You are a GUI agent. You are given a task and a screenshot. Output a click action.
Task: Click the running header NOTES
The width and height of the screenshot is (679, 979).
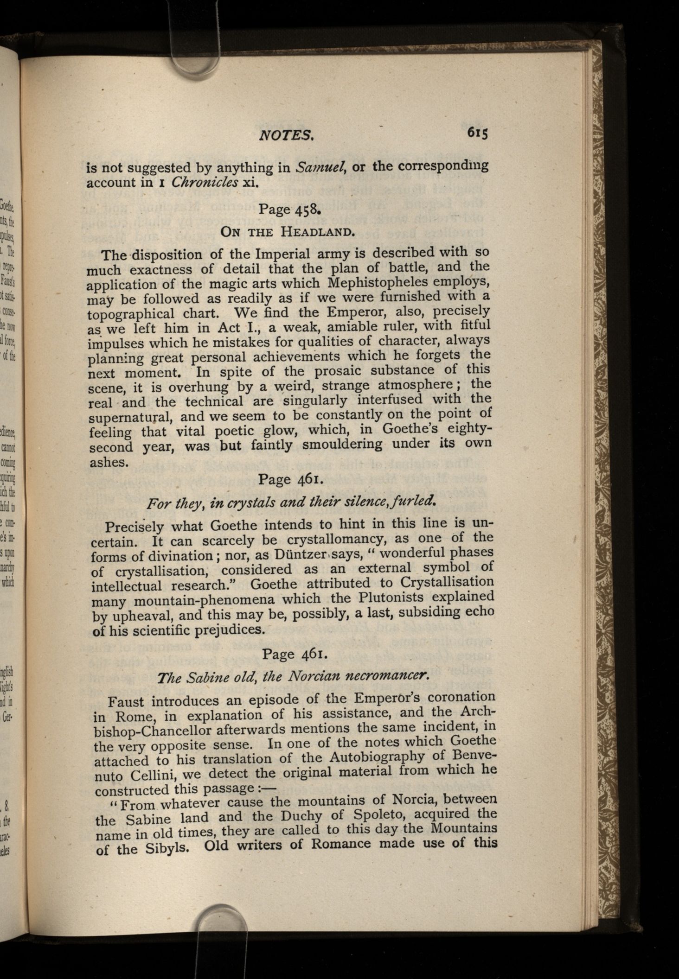pos(287,135)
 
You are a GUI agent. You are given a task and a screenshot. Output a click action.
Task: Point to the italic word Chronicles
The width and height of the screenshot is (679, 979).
pos(205,182)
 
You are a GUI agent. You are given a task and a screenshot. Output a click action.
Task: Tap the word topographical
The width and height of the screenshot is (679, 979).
pos(131,314)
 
